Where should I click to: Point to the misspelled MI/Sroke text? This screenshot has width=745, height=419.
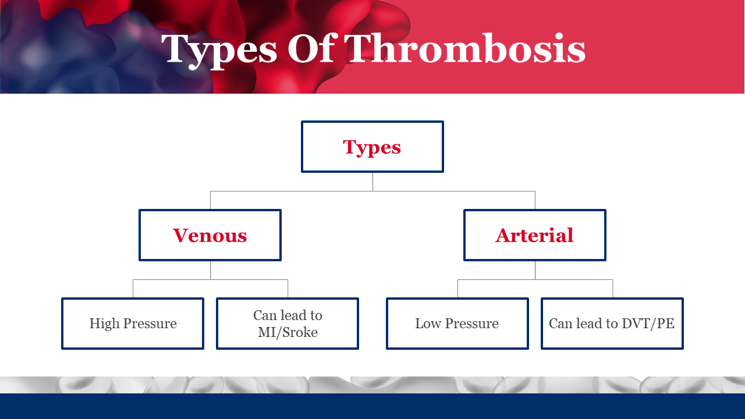(x=288, y=332)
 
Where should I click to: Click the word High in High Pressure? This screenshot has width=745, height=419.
(x=104, y=324)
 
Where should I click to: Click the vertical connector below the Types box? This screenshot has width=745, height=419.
(x=372, y=182)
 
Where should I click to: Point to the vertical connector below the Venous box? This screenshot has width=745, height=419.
(x=210, y=271)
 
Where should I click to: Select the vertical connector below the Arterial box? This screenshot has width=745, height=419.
(x=535, y=271)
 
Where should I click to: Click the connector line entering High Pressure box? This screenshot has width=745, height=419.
(x=133, y=289)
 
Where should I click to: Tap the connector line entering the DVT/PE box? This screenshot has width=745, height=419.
(x=612, y=289)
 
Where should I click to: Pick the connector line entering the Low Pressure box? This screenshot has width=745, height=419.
(x=457, y=289)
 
